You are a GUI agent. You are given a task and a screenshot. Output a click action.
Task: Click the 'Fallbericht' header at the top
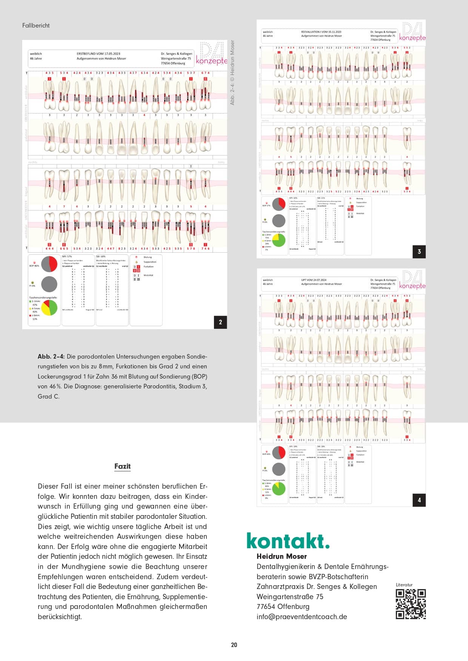click(36, 26)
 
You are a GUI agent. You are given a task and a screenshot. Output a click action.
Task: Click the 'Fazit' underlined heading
click(122, 466)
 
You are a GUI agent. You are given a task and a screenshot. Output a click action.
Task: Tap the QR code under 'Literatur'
click(411, 604)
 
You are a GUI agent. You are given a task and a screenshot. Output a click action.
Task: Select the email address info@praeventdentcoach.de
click(302, 617)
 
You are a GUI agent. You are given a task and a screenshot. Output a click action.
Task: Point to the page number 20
click(234, 645)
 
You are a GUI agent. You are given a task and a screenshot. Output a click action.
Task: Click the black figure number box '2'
click(220, 322)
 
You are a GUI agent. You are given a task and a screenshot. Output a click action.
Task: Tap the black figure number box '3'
click(419, 252)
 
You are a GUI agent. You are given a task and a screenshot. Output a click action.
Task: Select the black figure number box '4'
click(419, 500)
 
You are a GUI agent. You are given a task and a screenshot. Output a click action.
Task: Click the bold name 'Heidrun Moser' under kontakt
click(282, 556)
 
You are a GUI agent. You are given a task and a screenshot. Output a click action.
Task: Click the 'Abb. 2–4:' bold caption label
click(51, 356)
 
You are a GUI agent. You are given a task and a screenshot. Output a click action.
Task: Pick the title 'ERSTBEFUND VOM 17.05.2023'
click(98, 54)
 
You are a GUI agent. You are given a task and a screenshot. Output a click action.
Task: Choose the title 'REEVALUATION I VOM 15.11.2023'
click(321, 32)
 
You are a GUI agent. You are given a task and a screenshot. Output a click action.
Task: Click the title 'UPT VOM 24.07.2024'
click(314, 280)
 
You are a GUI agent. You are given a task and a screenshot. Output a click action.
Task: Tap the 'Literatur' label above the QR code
click(404, 585)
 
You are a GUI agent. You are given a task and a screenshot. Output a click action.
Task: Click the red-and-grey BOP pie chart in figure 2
click(49, 264)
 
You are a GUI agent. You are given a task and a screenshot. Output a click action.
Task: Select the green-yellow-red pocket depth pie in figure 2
click(49, 308)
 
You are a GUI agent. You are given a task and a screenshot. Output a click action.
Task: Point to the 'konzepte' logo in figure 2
click(211, 60)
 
